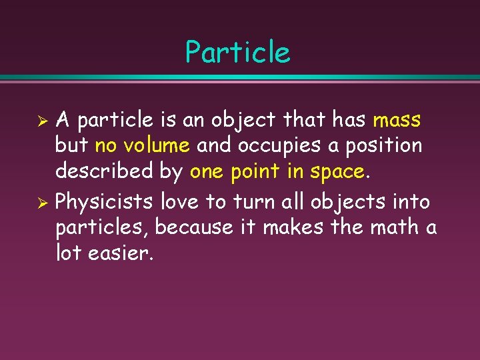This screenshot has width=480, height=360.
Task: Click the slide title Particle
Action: point(238,53)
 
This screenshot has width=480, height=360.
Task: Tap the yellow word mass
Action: point(397,121)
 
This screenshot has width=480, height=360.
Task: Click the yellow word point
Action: point(256,172)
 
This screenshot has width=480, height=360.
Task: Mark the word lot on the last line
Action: point(69,254)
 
